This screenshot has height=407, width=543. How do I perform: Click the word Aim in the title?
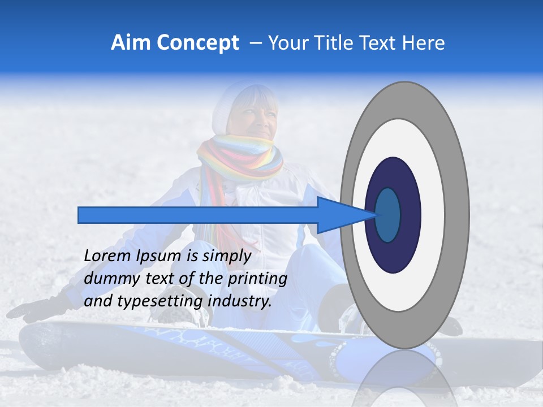pyautogui.click(x=131, y=43)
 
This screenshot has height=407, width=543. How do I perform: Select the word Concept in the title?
pyautogui.click(x=197, y=43)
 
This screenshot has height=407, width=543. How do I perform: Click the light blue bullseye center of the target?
pyautogui.click(x=388, y=215)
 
